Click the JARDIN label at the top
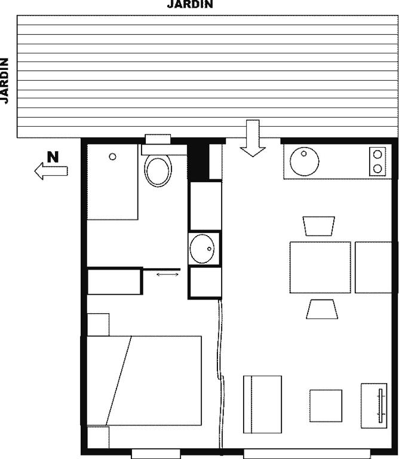click(190, 4)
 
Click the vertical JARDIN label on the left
click(4, 81)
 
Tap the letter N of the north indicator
click(53, 157)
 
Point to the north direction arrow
click(51, 171)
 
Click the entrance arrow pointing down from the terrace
click(253, 138)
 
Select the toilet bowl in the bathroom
click(158, 170)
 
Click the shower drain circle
click(112, 157)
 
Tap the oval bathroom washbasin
click(202, 249)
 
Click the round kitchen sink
click(305, 161)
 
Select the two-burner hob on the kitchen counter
click(377, 161)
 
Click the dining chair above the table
click(319, 226)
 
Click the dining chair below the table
click(322, 309)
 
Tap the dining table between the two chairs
click(320, 267)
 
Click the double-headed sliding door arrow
click(168, 274)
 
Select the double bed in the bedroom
click(144, 381)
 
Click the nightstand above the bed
click(99, 325)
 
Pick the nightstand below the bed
click(99, 437)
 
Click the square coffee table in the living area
click(326, 406)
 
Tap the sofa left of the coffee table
click(262, 404)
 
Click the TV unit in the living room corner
click(374, 406)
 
